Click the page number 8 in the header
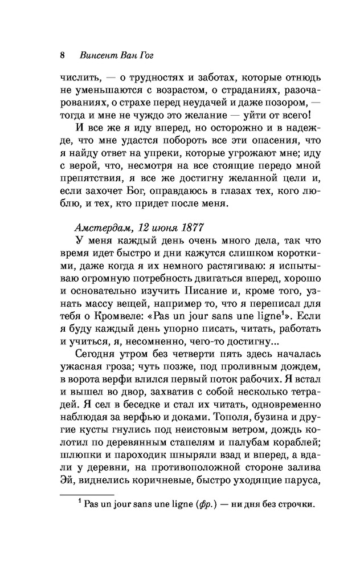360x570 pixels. pyautogui.click(x=62, y=56)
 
